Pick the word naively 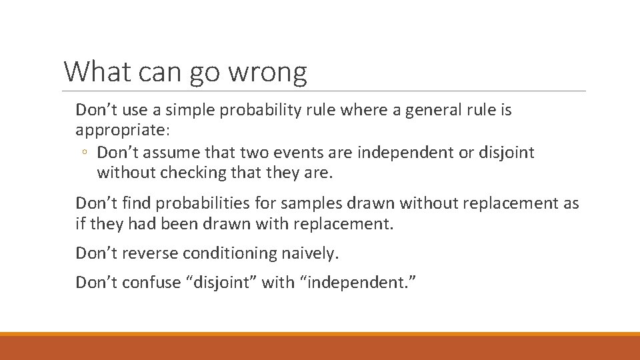(313, 253)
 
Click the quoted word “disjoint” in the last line (222, 283)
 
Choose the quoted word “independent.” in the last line (360, 283)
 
